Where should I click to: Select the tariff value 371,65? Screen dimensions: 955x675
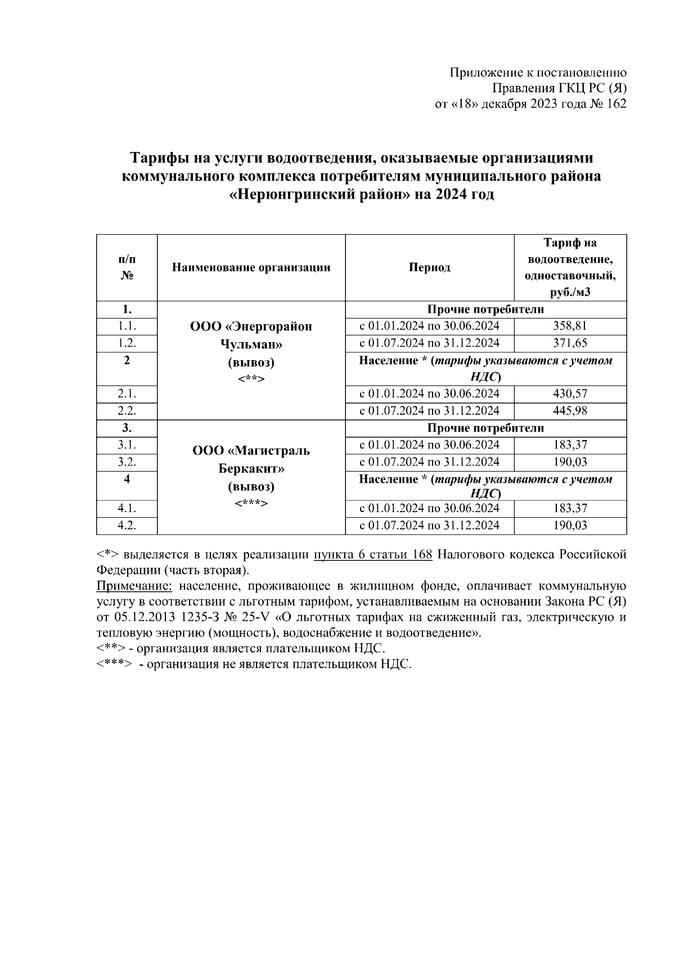[570, 343]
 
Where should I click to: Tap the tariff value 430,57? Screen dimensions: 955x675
[570, 394]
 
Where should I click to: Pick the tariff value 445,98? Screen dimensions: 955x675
[570, 411]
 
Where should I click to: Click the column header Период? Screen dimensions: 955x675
[429, 268]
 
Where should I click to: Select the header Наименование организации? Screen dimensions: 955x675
[251, 268]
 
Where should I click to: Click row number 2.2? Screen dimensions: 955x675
[127, 411]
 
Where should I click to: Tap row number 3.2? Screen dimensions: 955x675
[127, 463]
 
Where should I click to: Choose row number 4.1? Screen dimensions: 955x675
[127, 509]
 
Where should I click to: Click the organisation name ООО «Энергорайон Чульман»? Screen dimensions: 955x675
[251, 335]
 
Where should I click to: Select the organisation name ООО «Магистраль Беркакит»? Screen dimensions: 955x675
[251, 459]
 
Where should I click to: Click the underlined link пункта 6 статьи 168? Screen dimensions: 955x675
[373, 555]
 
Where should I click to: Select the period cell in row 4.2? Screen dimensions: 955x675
[429, 526]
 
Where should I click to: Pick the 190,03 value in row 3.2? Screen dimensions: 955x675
[570, 463]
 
